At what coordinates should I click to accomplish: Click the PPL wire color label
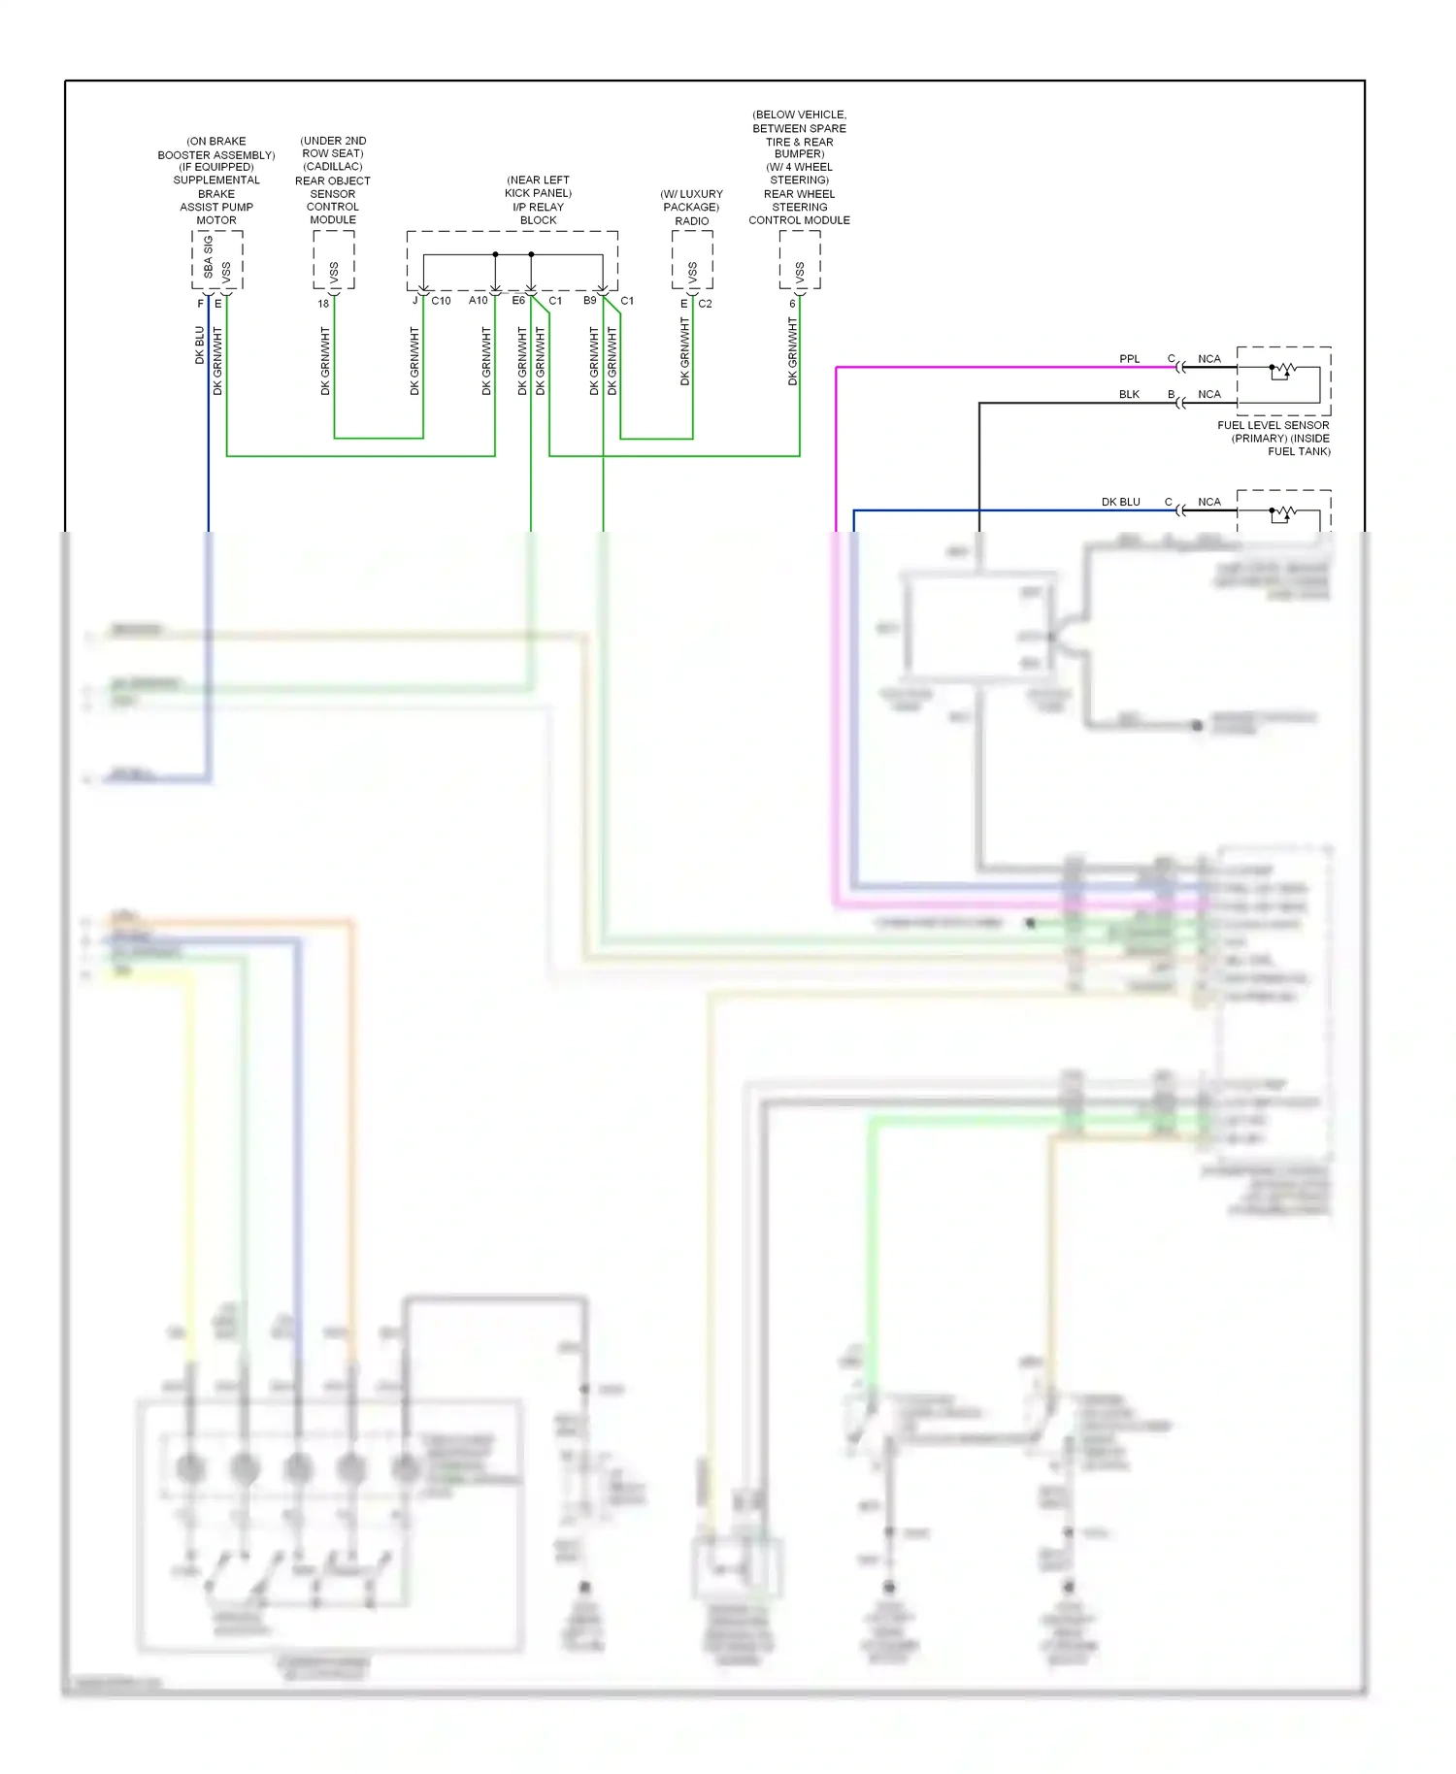coord(1129,359)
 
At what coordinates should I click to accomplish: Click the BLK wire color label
coord(1129,394)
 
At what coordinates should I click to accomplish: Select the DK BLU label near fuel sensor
coord(1120,502)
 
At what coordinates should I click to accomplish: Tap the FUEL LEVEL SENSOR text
coord(1273,425)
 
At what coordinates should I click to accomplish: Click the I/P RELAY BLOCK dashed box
coord(512,260)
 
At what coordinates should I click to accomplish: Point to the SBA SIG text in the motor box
coord(208,257)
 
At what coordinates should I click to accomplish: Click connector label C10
coord(441,301)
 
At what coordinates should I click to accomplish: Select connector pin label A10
coord(478,301)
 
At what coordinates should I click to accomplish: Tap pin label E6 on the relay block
coord(518,301)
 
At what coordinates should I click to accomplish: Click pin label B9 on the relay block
coord(589,301)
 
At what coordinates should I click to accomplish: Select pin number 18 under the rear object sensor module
coord(323,304)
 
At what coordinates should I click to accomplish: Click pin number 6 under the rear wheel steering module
coord(792,304)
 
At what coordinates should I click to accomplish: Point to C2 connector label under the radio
coord(705,304)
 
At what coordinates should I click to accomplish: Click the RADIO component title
coord(691,221)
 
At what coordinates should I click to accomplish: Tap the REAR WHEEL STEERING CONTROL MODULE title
coord(799,207)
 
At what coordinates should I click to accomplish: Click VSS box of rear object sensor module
coord(333,260)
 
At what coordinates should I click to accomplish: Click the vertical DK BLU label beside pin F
coord(200,345)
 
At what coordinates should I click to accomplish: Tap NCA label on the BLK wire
coord(1208,394)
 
